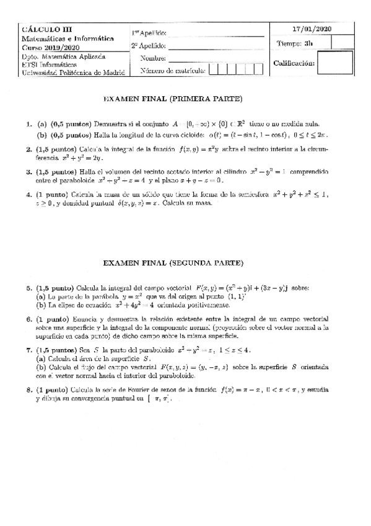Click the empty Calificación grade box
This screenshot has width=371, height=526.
pyautogui.click(x=339, y=63)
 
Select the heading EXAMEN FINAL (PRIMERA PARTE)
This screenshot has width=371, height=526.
pyautogui.click(x=172, y=99)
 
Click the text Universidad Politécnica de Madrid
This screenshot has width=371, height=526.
pyautogui.click(x=73, y=72)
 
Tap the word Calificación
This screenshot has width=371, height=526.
pyautogui.click(x=294, y=63)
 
